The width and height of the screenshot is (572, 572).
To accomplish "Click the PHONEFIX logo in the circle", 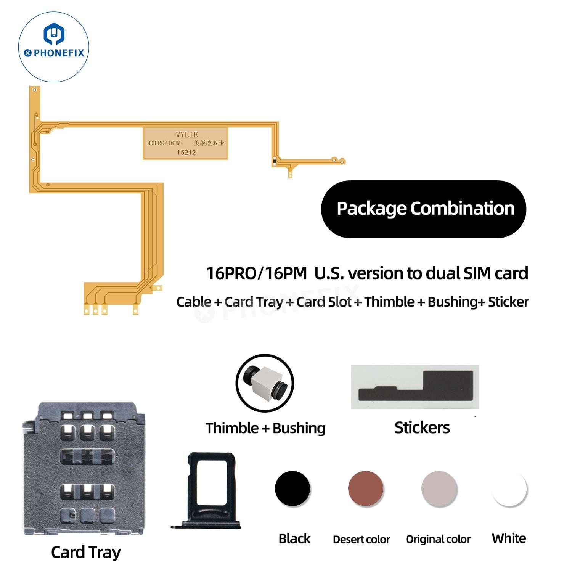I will (x=54, y=47).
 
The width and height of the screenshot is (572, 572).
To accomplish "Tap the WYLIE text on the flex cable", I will (x=187, y=135).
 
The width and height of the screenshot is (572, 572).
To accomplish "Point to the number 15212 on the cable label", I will (x=186, y=153).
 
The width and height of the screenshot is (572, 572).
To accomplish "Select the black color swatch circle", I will (x=292, y=488).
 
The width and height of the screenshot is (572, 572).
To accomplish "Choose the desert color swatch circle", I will (x=366, y=488).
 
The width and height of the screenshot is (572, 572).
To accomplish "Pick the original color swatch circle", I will (x=439, y=488).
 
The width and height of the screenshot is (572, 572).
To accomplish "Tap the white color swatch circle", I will (x=509, y=488).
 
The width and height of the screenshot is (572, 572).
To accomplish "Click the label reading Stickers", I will (x=422, y=428).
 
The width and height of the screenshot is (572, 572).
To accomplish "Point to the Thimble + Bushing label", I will (x=265, y=428).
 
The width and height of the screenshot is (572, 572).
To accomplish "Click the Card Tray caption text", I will (x=86, y=552).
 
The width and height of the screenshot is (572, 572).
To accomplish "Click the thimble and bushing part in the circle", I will (x=265, y=383).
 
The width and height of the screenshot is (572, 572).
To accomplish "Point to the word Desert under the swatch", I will (x=347, y=540).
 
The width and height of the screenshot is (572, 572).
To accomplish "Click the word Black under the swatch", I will (x=294, y=539).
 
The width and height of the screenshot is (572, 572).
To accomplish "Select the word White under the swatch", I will (x=509, y=538).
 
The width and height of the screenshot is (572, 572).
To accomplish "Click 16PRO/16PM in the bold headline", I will (x=256, y=273).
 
